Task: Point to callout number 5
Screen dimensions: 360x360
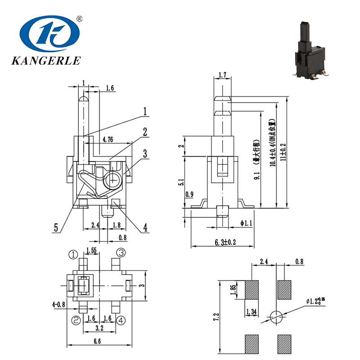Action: pos(56,228)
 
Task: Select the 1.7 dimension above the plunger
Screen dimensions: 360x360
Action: pos(222,75)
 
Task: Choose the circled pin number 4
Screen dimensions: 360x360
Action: pos(121,320)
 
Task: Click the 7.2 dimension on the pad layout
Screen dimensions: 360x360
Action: pos(217,318)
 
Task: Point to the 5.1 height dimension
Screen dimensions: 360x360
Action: pos(180,183)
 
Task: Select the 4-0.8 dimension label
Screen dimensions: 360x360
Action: pos(58,305)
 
